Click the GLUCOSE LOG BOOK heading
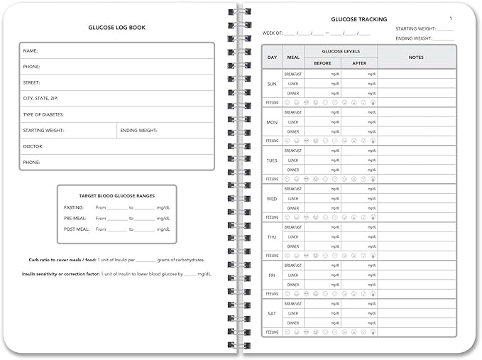click(x=116, y=28)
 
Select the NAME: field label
click(x=31, y=51)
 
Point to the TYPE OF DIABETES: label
click(x=43, y=114)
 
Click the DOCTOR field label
click(x=33, y=146)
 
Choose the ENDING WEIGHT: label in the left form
click(x=138, y=131)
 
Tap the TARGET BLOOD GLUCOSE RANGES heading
click(x=116, y=195)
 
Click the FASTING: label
click(x=74, y=207)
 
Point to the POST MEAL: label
click(x=75, y=229)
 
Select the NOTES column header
click(x=416, y=57)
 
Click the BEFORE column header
click(x=322, y=63)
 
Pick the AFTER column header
click(x=358, y=63)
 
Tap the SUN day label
click(x=272, y=84)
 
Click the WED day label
click(x=272, y=199)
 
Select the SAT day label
click(x=272, y=313)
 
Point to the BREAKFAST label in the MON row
click(x=292, y=112)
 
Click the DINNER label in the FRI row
click(x=292, y=285)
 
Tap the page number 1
click(x=451, y=18)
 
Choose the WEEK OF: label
click(x=273, y=33)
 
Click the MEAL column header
click(x=292, y=57)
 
